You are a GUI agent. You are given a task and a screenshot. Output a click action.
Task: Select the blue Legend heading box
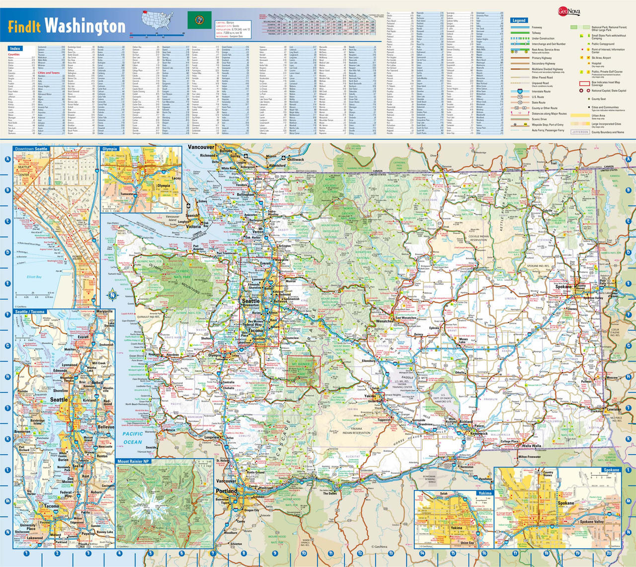519,20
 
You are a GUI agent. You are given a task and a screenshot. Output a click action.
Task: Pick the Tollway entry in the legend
536,33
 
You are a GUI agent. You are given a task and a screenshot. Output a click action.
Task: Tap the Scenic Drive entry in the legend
539,119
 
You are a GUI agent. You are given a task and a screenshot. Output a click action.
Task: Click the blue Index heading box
15,48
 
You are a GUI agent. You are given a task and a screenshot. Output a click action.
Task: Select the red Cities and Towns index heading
48,73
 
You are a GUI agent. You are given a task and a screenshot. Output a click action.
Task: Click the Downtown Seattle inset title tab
31,149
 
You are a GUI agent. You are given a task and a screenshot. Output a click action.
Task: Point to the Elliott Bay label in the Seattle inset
34,277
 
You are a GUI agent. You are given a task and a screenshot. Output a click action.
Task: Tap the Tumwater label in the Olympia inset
129,194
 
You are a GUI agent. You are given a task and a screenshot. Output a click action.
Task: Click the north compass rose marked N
113,297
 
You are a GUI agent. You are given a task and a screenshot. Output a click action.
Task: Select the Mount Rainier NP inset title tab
134,462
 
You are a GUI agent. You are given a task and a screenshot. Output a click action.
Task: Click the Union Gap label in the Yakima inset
467,543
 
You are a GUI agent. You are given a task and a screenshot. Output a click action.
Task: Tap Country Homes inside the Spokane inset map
548,473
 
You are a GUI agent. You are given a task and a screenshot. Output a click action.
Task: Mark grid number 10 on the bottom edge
304,553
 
